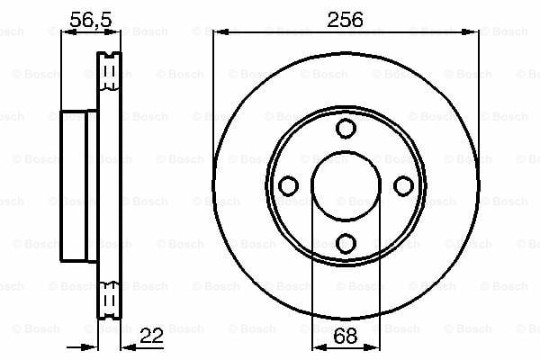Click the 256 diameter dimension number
click(345, 20)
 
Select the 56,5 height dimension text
click(91, 20)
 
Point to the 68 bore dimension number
click(345, 336)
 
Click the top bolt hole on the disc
click(346, 129)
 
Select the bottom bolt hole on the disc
click(346, 244)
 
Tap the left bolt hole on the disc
click(288, 186)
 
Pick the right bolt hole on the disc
click(403, 186)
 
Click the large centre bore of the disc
click(346, 185)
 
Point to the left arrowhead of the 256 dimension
click(220, 32)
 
